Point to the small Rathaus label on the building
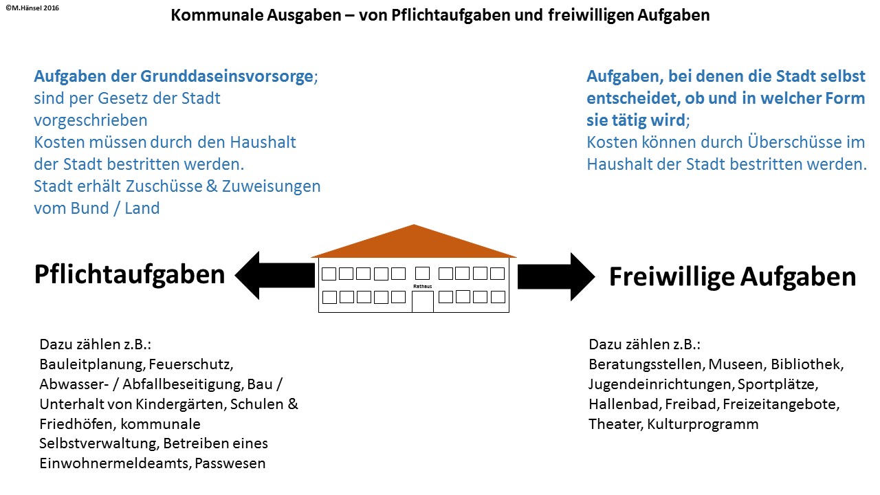421,285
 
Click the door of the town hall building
423,301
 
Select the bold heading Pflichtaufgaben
129,274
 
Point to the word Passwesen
230,463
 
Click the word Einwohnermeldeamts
115,463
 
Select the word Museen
736,364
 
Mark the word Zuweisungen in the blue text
271,186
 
